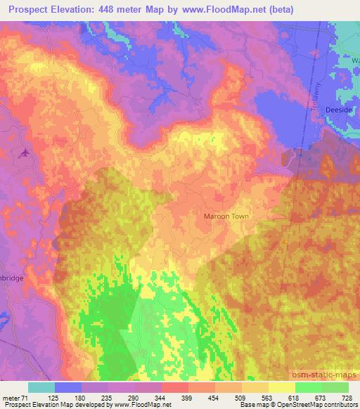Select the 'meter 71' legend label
(x=15, y=398)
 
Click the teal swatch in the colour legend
(x=41, y=387)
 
